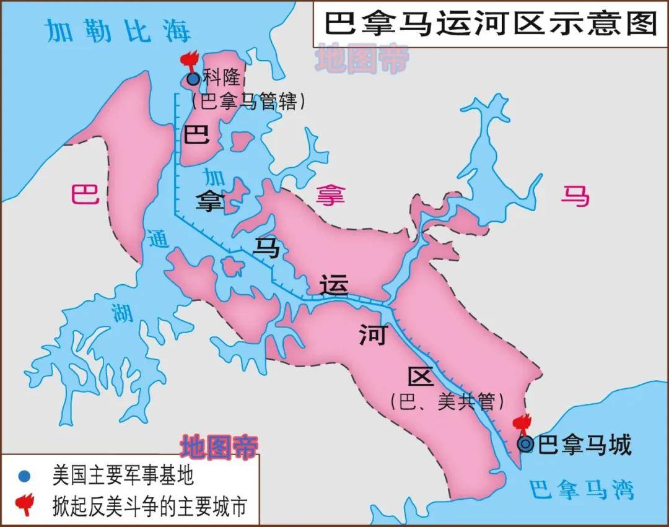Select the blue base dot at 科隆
click(x=193, y=79)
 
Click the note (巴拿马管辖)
click(x=248, y=101)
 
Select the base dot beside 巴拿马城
click(x=526, y=444)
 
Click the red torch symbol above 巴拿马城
click(x=522, y=425)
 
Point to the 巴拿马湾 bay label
click(x=582, y=490)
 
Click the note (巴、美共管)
click(x=446, y=402)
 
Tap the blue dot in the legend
click(x=24, y=476)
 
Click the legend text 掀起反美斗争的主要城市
click(x=149, y=505)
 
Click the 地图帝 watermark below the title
click(x=362, y=60)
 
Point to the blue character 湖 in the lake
click(x=123, y=313)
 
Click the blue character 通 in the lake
click(x=158, y=239)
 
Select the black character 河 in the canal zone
click(x=372, y=336)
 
